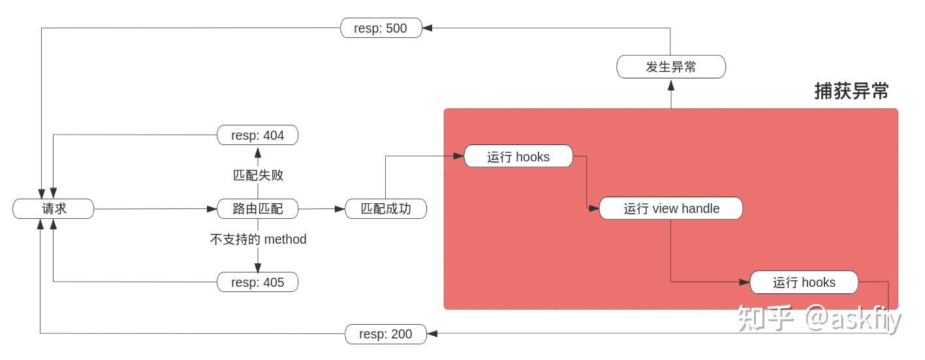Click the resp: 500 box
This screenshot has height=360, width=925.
point(381,28)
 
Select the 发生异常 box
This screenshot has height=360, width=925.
point(671,67)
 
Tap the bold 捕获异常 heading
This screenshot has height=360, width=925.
point(851,91)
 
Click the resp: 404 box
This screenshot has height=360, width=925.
point(257,135)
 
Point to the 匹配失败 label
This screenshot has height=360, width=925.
point(258,175)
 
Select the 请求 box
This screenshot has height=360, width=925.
point(54,209)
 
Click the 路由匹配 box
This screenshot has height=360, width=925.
point(257,209)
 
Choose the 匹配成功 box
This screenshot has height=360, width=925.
point(385,209)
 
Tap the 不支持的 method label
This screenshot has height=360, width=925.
point(258,239)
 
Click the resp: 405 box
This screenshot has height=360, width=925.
point(257,282)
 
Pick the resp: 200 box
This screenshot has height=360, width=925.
point(385,334)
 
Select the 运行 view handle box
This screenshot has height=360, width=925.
point(671,208)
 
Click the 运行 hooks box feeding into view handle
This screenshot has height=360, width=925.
point(518,157)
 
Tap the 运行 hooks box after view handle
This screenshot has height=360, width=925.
point(804,282)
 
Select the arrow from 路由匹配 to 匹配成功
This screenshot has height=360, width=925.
point(321,209)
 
